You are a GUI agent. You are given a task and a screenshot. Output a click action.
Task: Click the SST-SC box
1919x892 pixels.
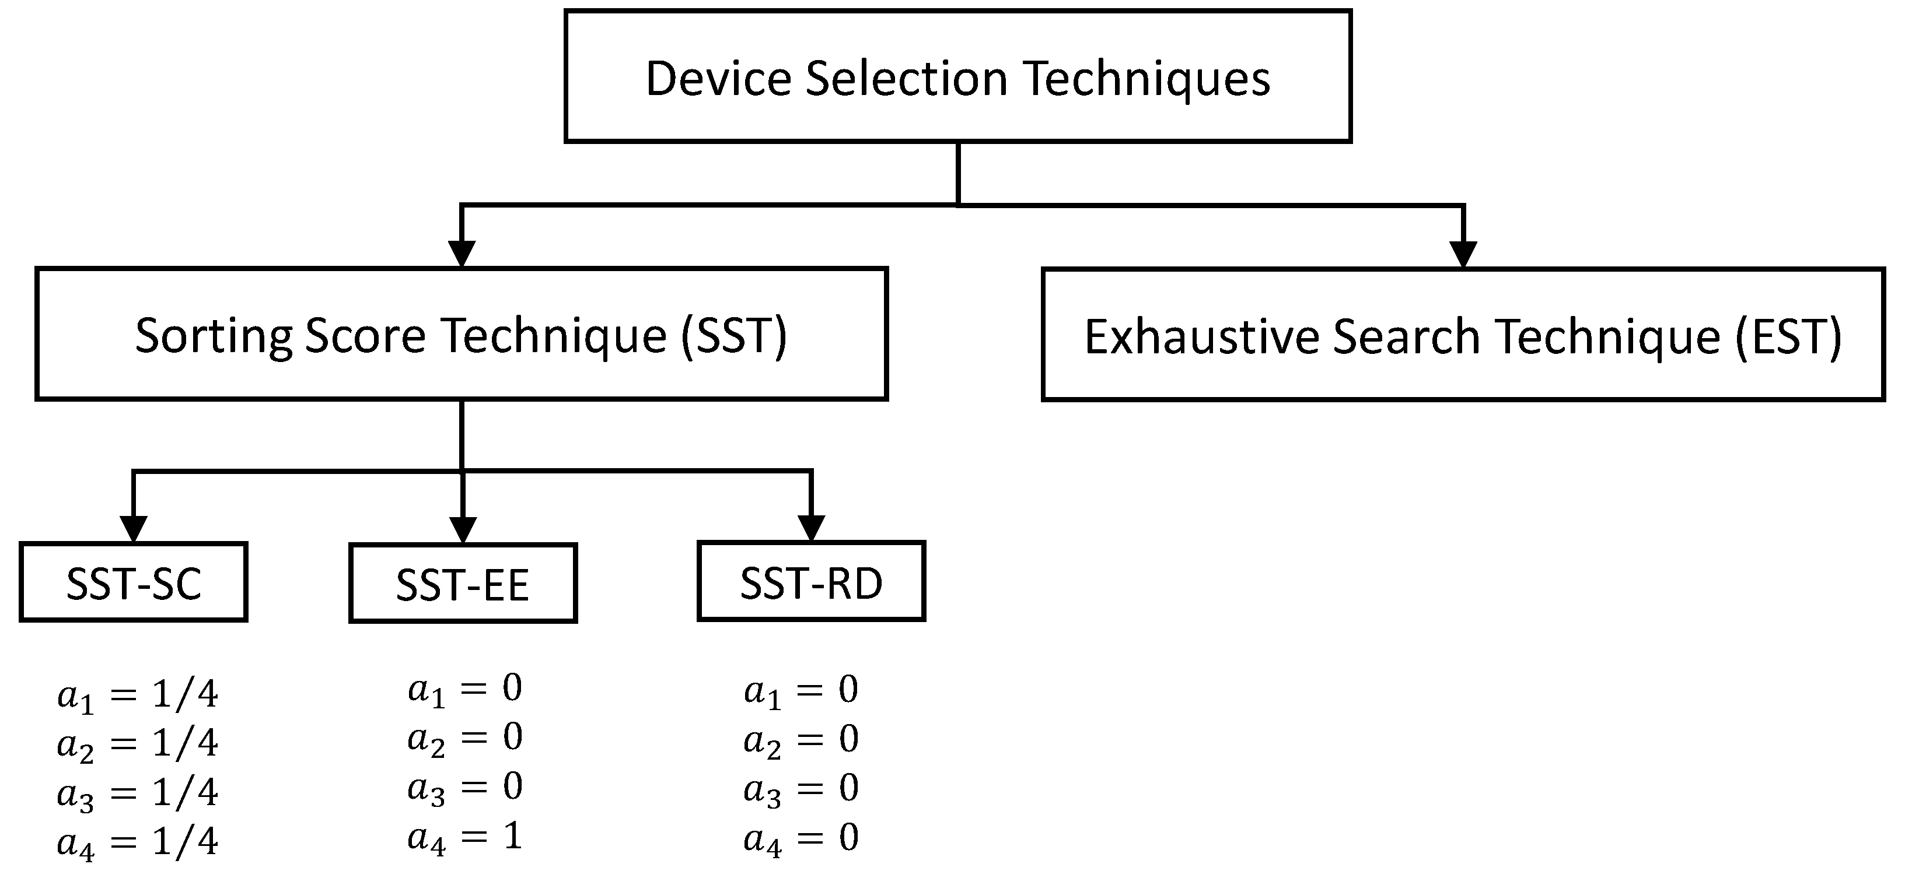(x=134, y=582)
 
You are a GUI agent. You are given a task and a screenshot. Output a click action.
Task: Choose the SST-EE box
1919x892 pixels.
(x=463, y=583)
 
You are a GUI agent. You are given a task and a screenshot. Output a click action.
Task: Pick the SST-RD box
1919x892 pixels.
(x=810, y=581)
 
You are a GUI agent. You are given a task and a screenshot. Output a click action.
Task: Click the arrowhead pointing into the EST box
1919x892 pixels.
(x=1463, y=254)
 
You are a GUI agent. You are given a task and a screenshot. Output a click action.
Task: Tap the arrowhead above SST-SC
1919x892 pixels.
(x=134, y=529)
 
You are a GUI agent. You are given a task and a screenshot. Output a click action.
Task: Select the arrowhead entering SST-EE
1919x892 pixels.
(x=463, y=529)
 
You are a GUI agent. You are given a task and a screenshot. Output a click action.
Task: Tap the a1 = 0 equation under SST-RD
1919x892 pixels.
(x=802, y=691)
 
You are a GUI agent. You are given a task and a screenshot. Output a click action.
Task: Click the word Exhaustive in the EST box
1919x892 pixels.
(x=1201, y=336)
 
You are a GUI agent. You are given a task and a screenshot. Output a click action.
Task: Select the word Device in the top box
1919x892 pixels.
(x=718, y=78)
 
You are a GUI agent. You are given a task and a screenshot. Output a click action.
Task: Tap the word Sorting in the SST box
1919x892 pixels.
(x=213, y=336)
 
